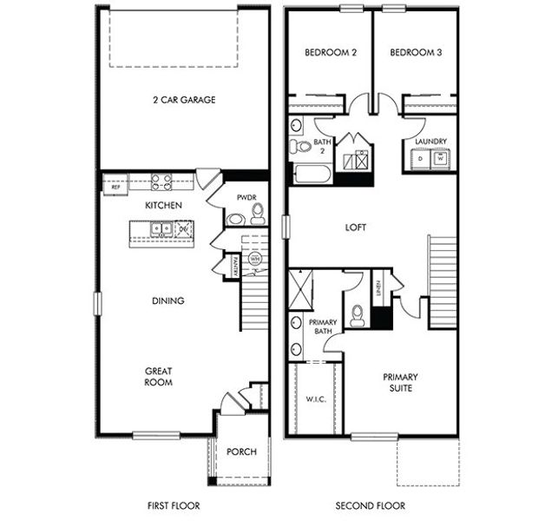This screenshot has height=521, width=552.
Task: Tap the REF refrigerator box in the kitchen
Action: (113, 185)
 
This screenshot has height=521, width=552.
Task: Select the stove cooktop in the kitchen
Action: (162, 182)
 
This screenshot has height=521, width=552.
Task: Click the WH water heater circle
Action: (255, 259)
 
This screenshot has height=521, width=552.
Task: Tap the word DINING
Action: (168, 301)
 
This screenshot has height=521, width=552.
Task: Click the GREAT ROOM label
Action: (158, 377)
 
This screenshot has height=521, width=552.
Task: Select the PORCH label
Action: (240, 452)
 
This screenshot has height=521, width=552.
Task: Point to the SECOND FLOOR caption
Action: (371, 505)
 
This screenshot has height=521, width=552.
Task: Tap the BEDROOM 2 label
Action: (331, 53)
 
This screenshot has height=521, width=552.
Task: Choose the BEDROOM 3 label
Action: (415, 53)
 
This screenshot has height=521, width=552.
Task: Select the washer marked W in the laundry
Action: (441, 160)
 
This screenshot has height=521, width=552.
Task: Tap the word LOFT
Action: (355, 228)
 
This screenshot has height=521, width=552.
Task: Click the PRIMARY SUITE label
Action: (400, 383)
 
